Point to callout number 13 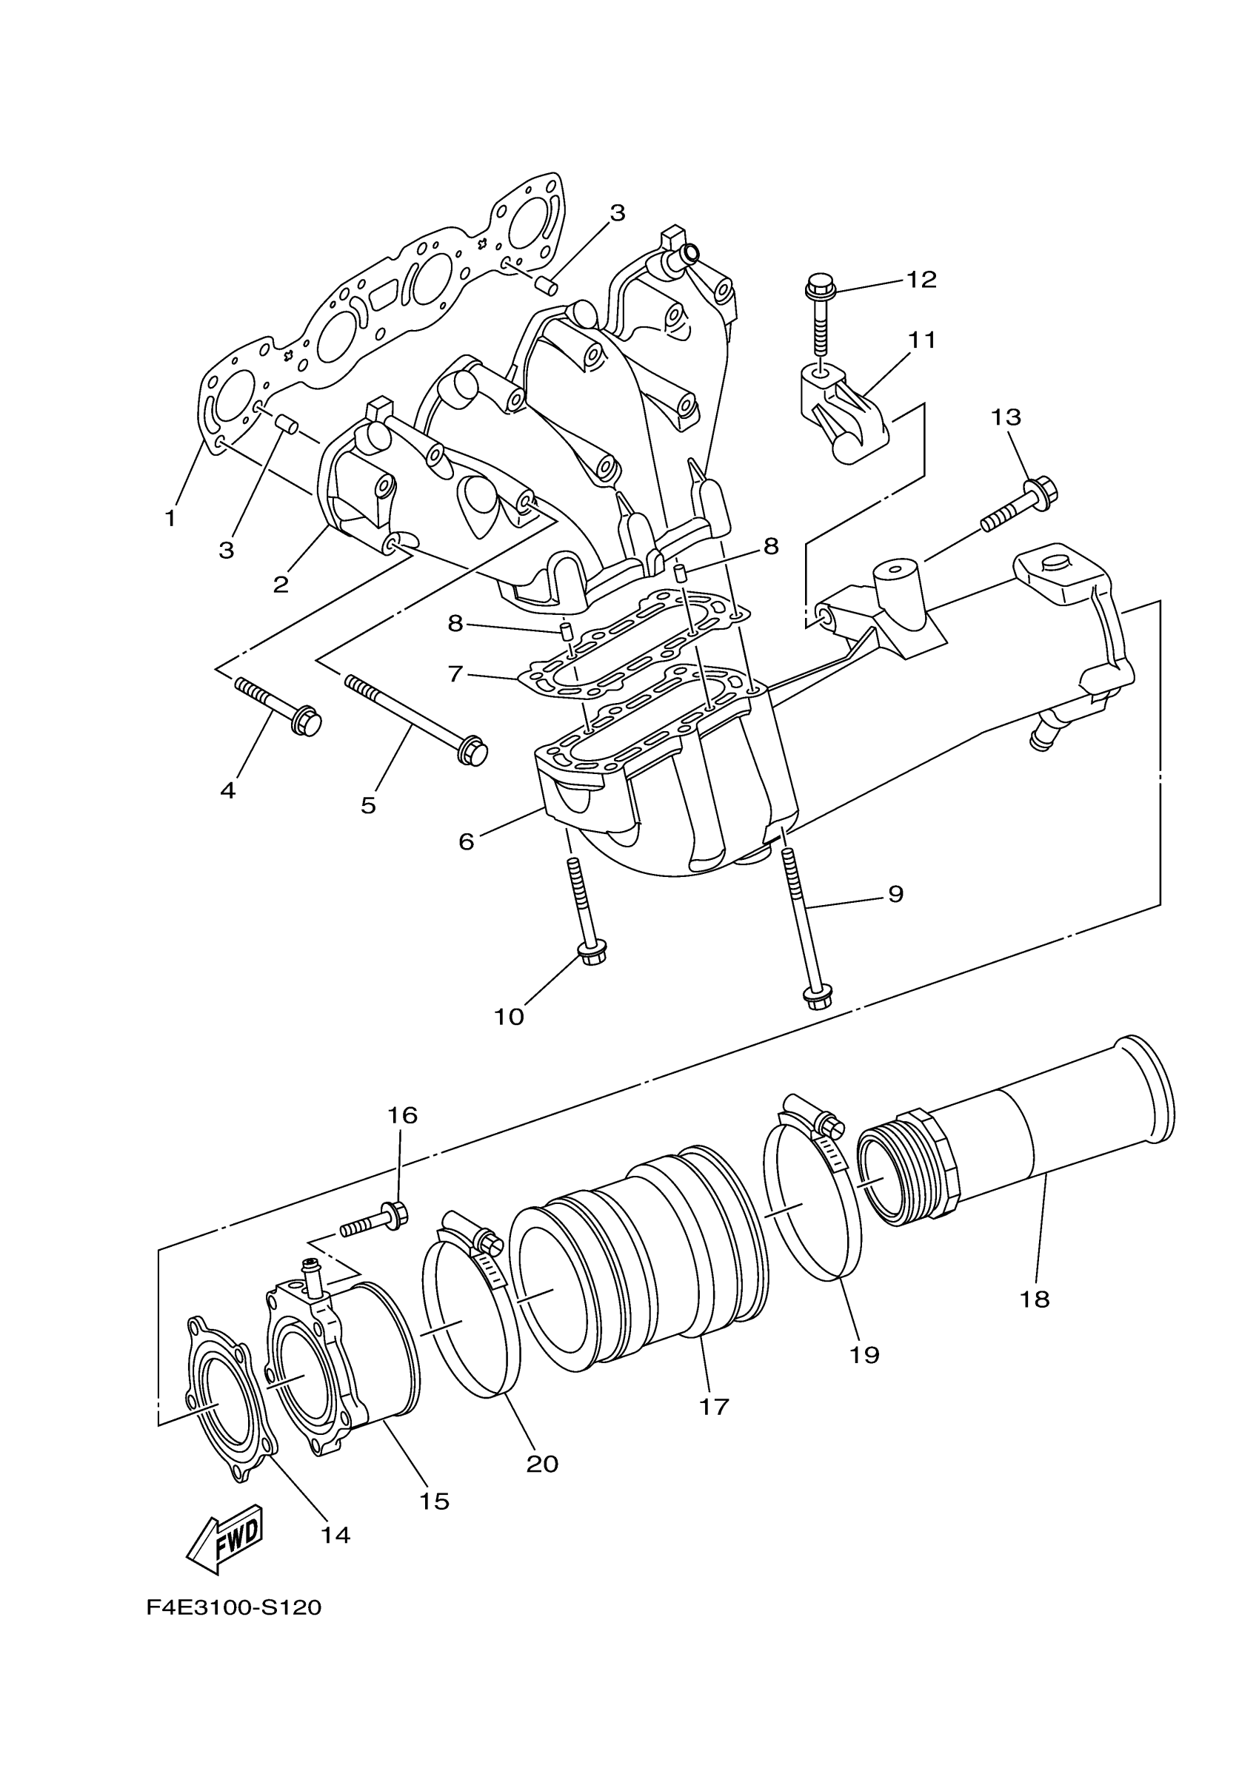click(1006, 417)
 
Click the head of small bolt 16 click(398, 1214)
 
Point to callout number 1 click(170, 518)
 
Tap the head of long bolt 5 click(472, 751)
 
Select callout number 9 click(895, 894)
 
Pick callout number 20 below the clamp click(542, 1464)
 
